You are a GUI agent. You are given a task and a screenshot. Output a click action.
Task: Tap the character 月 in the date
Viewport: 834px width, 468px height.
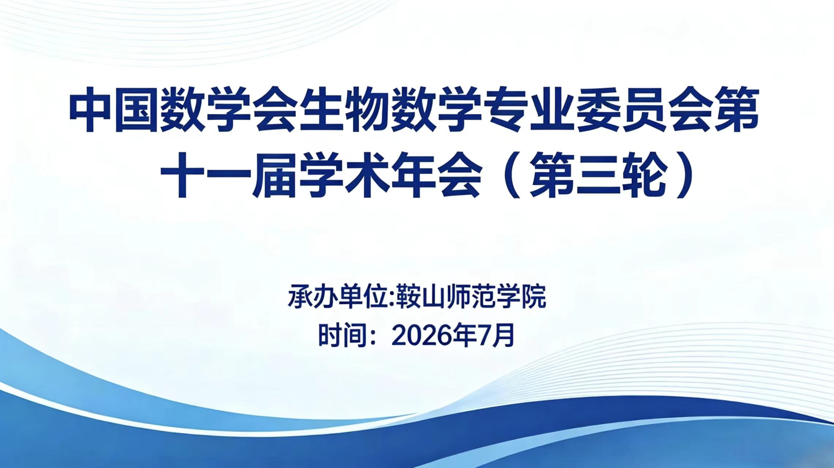click(x=503, y=335)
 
